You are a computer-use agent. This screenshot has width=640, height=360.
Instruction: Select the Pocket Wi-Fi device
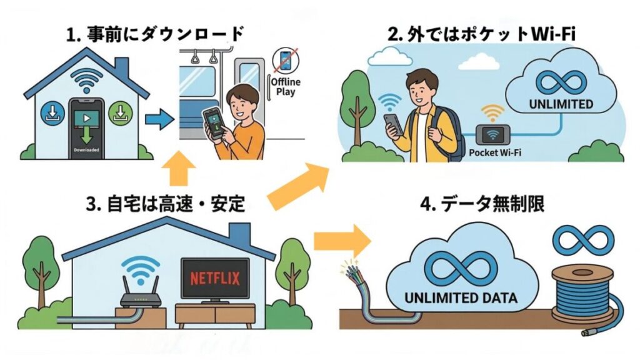[491, 134]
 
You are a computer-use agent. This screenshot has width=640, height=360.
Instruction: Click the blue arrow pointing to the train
[157, 119]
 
